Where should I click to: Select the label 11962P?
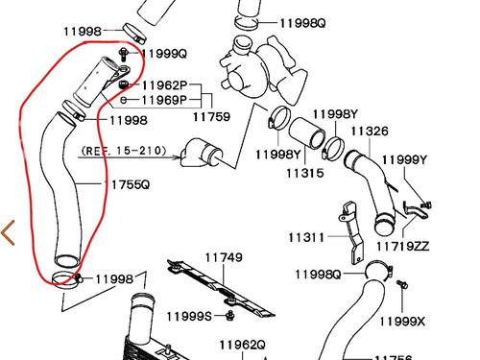click(x=164, y=84)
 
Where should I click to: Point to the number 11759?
click(x=212, y=116)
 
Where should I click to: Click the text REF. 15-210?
click(x=124, y=151)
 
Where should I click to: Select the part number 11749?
click(x=221, y=257)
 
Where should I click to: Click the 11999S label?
click(x=188, y=316)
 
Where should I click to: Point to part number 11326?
click(x=370, y=131)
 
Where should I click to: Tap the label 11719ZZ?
click(x=403, y=246)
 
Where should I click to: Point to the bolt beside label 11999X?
click(x=403, y=284)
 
